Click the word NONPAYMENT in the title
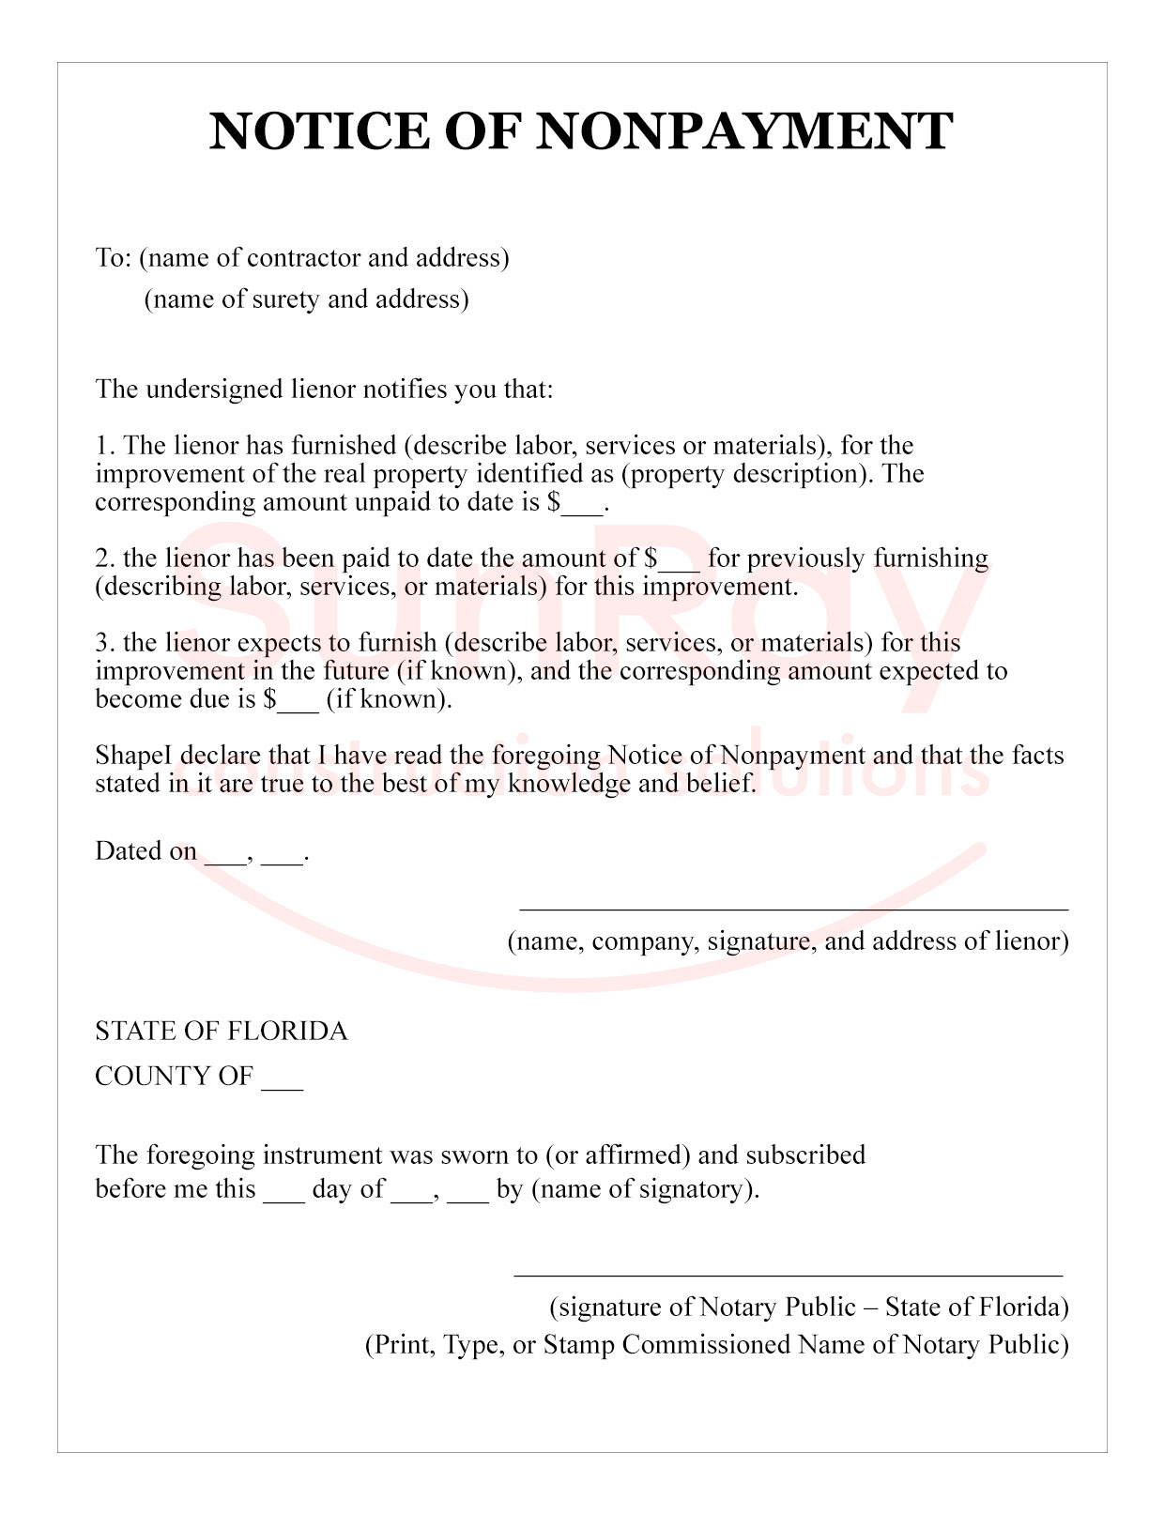pos(744,130)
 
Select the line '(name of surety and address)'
pos(306,299)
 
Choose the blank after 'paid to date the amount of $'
pos(679,561)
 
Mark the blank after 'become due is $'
pos(299,702)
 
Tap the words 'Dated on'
pos(145,851)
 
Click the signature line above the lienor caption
pos(793,909)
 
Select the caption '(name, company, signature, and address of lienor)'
pos(788,941)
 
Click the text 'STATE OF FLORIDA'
pos(222,1032)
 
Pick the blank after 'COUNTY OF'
pos(282,1079)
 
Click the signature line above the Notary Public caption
pos(788,1276)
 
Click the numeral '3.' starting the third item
pos(104,643)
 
